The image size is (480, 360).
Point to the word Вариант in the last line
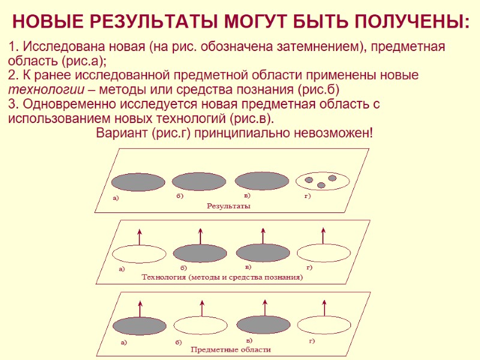[x=122, y=132]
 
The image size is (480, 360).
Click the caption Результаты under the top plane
[x=228, y=206]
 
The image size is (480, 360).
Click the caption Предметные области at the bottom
[x=231, y=349]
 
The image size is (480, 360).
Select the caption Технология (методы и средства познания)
[x=222, y=278]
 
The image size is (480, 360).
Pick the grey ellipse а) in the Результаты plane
[x=139, y=182]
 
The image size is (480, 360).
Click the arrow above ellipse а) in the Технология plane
[x=139, y=236]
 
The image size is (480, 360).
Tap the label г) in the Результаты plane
[x=307, y=197]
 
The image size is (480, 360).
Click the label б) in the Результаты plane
[x=179, y=196]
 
